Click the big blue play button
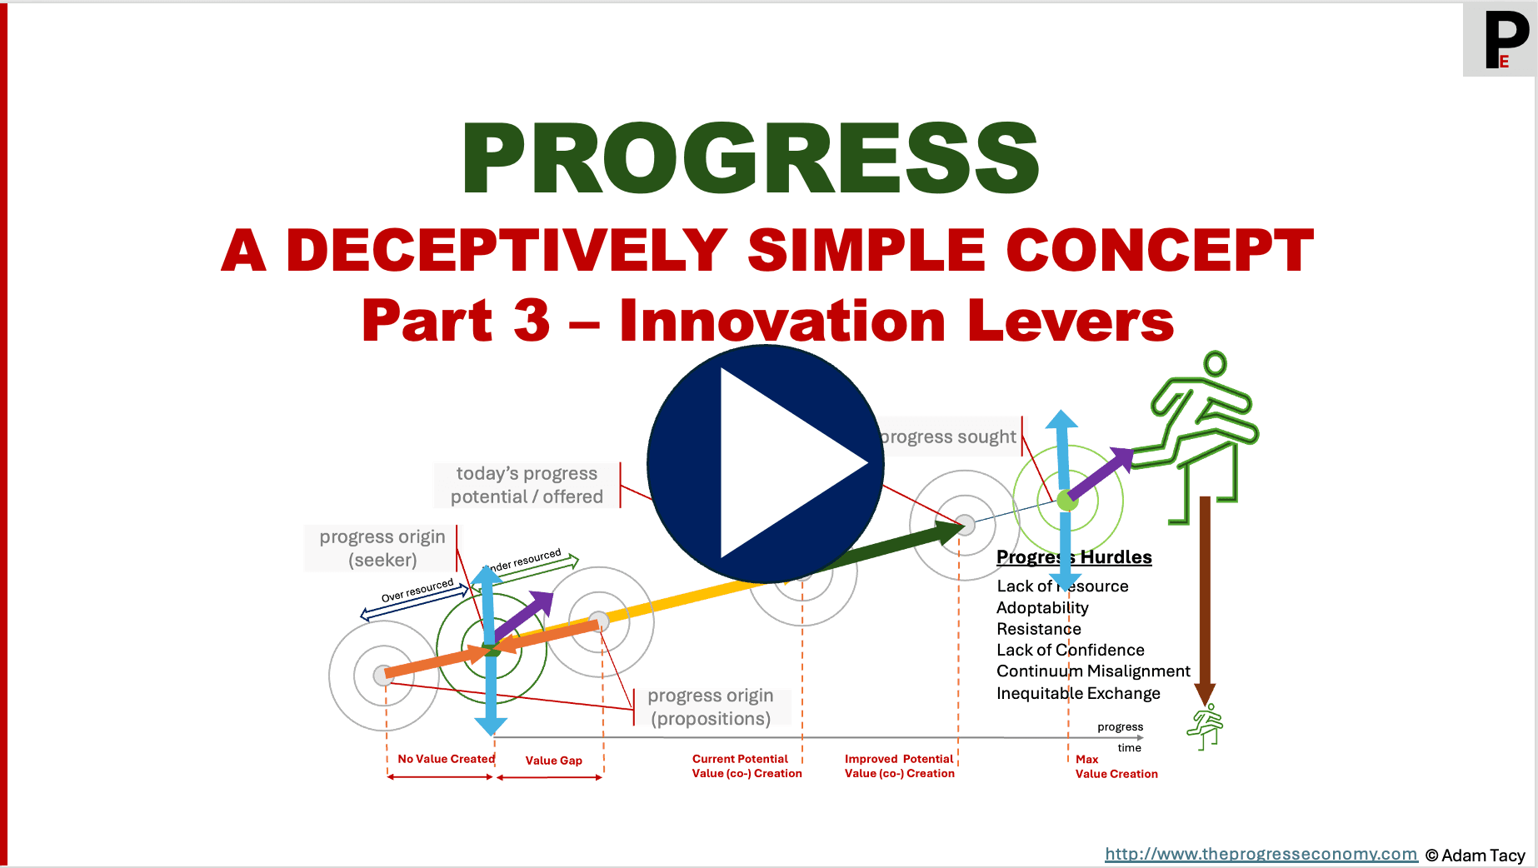[x=765, y=464]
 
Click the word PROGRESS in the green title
[x=750, y=158]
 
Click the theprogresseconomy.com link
[x=1261, y=854]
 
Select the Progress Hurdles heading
[x=1074, y=557]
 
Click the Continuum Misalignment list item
[x=1093, y=671]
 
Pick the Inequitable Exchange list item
[x=1078, y=693]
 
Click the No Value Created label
[x=446, y=759]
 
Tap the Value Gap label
[x=553, y=761]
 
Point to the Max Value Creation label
[x=1116, y=766]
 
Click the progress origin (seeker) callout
[x=382, y=548]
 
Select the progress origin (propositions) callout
[x=711, y=707]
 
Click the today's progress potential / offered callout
[x=527, y=485]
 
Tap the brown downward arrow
[x=1205, y=600]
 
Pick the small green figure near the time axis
[x=1206, y=726]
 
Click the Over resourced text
[x=417, y=591]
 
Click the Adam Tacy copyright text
[x=1475, y=856]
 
